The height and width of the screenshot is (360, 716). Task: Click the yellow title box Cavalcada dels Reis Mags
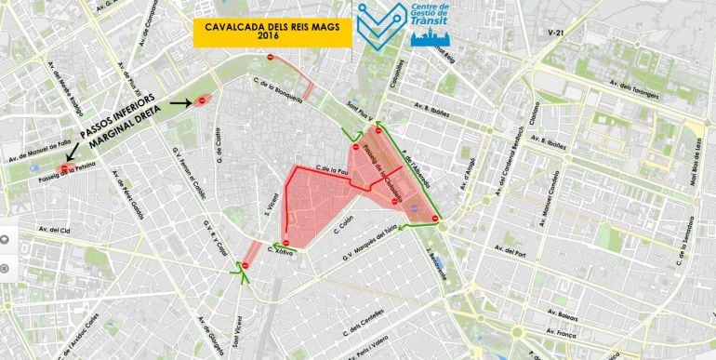point(272,32)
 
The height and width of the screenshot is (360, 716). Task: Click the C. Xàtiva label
point(283,249)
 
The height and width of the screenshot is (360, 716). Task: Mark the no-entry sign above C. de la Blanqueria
point(270,58)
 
